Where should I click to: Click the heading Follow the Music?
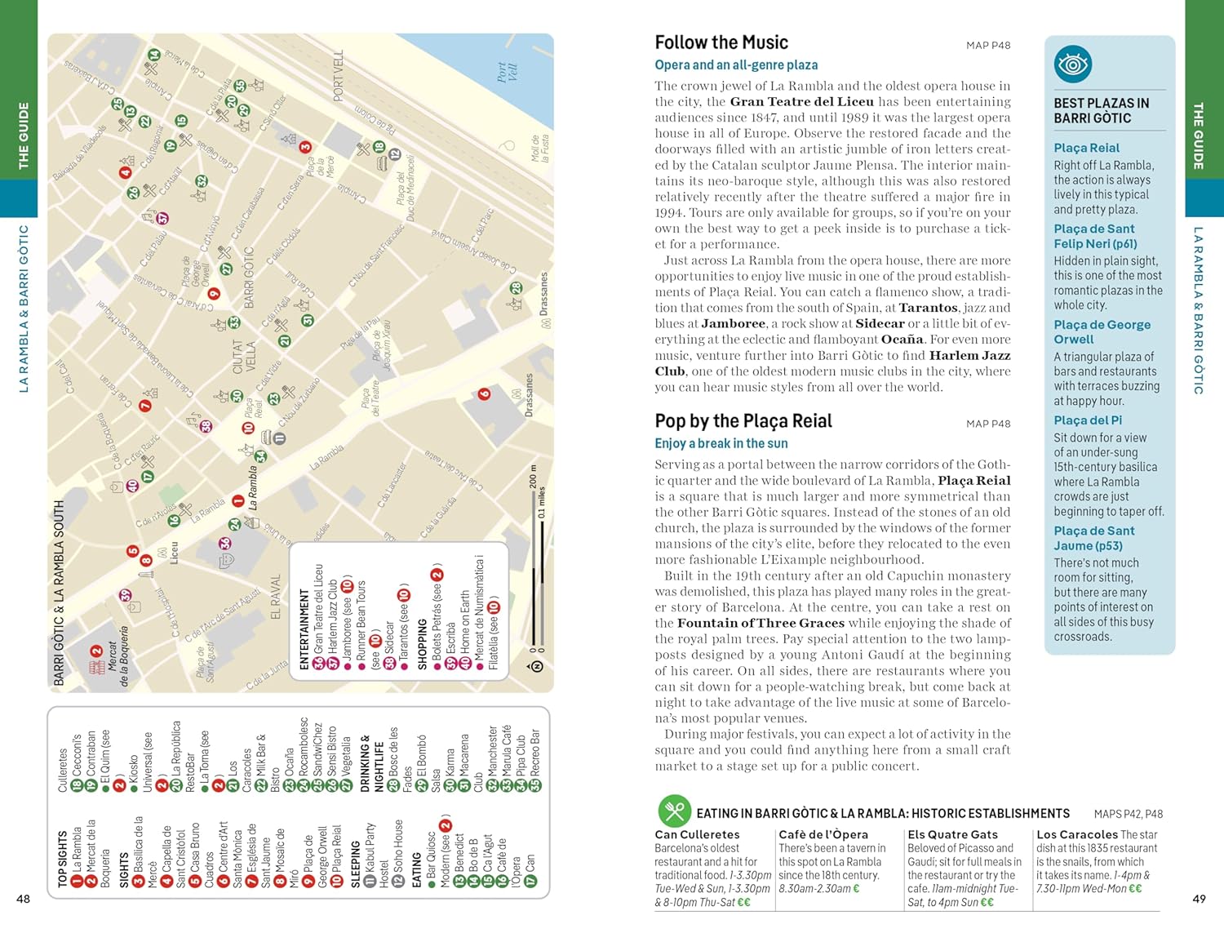[721, 42]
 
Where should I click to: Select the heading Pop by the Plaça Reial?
[743, 421]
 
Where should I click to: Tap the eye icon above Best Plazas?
[1072, 64]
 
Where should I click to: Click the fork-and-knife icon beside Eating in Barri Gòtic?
[674, 811]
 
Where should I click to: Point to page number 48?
[24, 899]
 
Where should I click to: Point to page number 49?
[1199, 899]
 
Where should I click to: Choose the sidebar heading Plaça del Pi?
[1088, 420]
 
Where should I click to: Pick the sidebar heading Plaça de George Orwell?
[1102, 331]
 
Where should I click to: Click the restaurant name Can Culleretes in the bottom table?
[697, 834]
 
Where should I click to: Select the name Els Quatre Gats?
[952, 834]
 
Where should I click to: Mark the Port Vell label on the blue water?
[507, 72]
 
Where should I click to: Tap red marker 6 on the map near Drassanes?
[484, 394]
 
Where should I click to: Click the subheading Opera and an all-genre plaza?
[736, 65]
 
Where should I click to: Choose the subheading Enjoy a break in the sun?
[721, 444]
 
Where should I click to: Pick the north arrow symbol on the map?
[536, 667]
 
